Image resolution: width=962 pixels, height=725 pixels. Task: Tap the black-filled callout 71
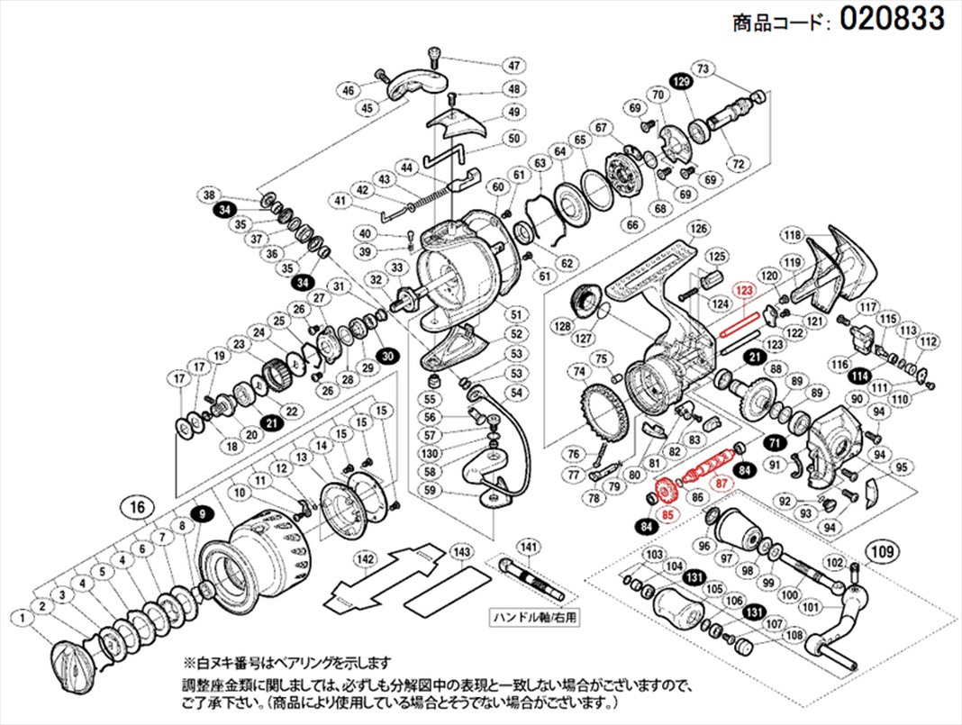(x=774, y=442)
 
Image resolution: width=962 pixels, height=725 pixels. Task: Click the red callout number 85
(x=667, y=516)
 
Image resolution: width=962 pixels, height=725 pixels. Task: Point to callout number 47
(x=513, y=66)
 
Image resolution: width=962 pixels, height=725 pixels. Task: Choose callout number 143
(x=461, y=550)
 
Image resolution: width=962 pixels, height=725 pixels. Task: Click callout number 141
(x=529, y=546)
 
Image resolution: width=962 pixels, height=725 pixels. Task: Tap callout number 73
(x=703, y=69)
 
